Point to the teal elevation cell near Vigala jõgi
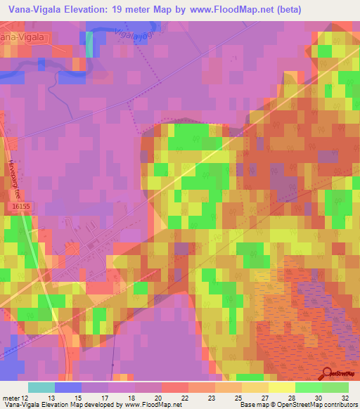[x=89, y=44]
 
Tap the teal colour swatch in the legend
[x=41, y=387]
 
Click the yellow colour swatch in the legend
[x=282, y=387]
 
